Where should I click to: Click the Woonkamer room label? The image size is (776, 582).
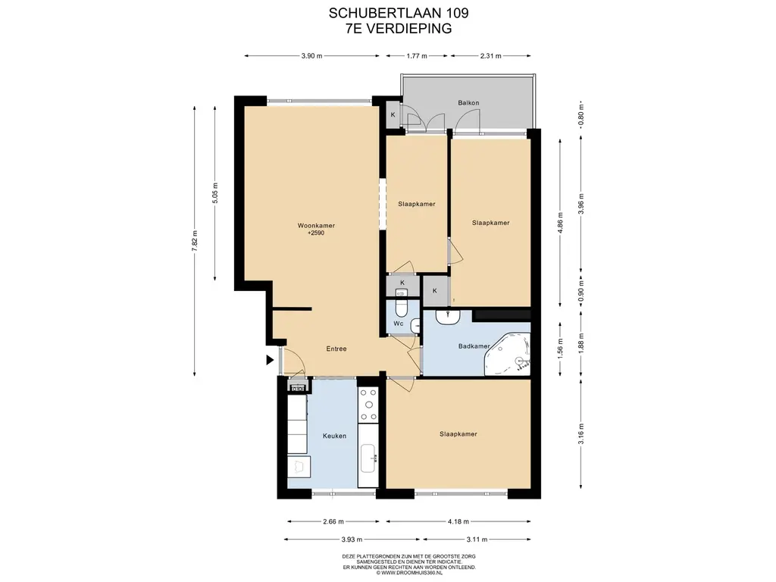pyautogui.click(x=316, y=226)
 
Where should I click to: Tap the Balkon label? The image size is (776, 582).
pyautogui.click(x=468, y=103)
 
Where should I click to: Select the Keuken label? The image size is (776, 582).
pyautogui.click(x=334, y=436)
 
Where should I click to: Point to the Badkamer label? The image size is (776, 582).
pyautogui.click(x=474, y=346)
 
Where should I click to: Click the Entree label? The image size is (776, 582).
pyautogui.click(x=336, y=349)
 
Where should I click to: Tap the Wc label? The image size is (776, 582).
pyautogui.click(x=399, y=324)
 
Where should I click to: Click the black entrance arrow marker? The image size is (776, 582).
pyautogui.click(x=270, y=360)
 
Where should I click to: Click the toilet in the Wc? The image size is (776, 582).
pyautogui.click(x=402, y=308)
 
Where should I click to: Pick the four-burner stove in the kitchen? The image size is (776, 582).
pyautogui.click(x=368, y=405)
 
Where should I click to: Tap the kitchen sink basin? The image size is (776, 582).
pyautogui.click(x=368, y=458)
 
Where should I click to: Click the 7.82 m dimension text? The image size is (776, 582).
pyautogui.click(x=195, y=241)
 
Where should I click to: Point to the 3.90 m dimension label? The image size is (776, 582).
pyautogui.click(x=311, y=56)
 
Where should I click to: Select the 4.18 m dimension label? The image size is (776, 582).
pyautogui.click(x=458, y=521)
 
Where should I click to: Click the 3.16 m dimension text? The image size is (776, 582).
pyautogui.click(x=581, y=434)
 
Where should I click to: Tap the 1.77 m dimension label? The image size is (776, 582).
pyautogui.click(x=417, y=56)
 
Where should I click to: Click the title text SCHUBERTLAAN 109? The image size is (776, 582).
pyautogui.click(x=399, y=14)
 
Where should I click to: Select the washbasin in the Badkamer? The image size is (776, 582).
pyautogui.click(x=449, y=318)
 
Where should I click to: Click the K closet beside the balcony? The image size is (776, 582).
pyautogui.click(x=393, y=114)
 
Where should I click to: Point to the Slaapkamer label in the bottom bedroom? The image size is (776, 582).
pyautogui.click(x=458, y=434)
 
